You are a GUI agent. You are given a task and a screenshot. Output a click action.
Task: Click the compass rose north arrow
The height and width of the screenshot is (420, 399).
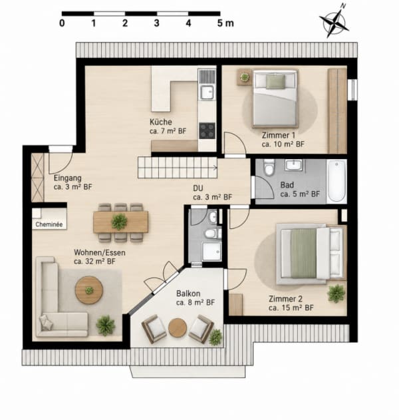point(334,22)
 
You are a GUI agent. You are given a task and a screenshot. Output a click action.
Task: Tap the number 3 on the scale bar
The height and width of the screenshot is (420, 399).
point(156,23)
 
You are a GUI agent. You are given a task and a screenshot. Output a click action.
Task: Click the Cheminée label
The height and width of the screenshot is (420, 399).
point(49,224)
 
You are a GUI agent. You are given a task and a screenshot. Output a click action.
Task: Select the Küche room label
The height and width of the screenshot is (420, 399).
point(160,122)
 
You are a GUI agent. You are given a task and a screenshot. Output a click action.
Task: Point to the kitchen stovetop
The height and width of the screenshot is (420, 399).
point(207,130)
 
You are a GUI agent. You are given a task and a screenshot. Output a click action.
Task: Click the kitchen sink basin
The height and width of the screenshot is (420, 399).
point(207,93)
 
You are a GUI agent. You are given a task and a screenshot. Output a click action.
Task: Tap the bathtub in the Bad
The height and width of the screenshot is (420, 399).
point(336,181)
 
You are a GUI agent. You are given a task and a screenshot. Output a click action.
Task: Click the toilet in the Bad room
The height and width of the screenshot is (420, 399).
point(269,168)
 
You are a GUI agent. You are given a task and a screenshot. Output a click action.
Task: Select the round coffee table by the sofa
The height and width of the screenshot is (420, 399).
point(89,290)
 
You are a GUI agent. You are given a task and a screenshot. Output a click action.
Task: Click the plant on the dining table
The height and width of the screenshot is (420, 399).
point(119,222)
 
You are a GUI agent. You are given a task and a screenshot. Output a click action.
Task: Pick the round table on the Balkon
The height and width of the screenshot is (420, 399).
point(178,327)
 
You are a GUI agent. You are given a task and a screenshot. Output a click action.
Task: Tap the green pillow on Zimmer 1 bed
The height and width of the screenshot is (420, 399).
point(275,81)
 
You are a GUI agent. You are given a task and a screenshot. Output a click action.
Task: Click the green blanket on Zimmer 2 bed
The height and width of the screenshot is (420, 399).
point(303,254)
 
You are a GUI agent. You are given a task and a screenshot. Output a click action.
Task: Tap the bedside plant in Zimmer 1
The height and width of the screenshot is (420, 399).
point(244,77)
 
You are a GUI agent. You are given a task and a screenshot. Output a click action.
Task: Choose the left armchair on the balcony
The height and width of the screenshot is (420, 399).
point(154,329)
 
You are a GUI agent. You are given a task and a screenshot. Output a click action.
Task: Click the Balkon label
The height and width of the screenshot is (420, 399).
point(188,294)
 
